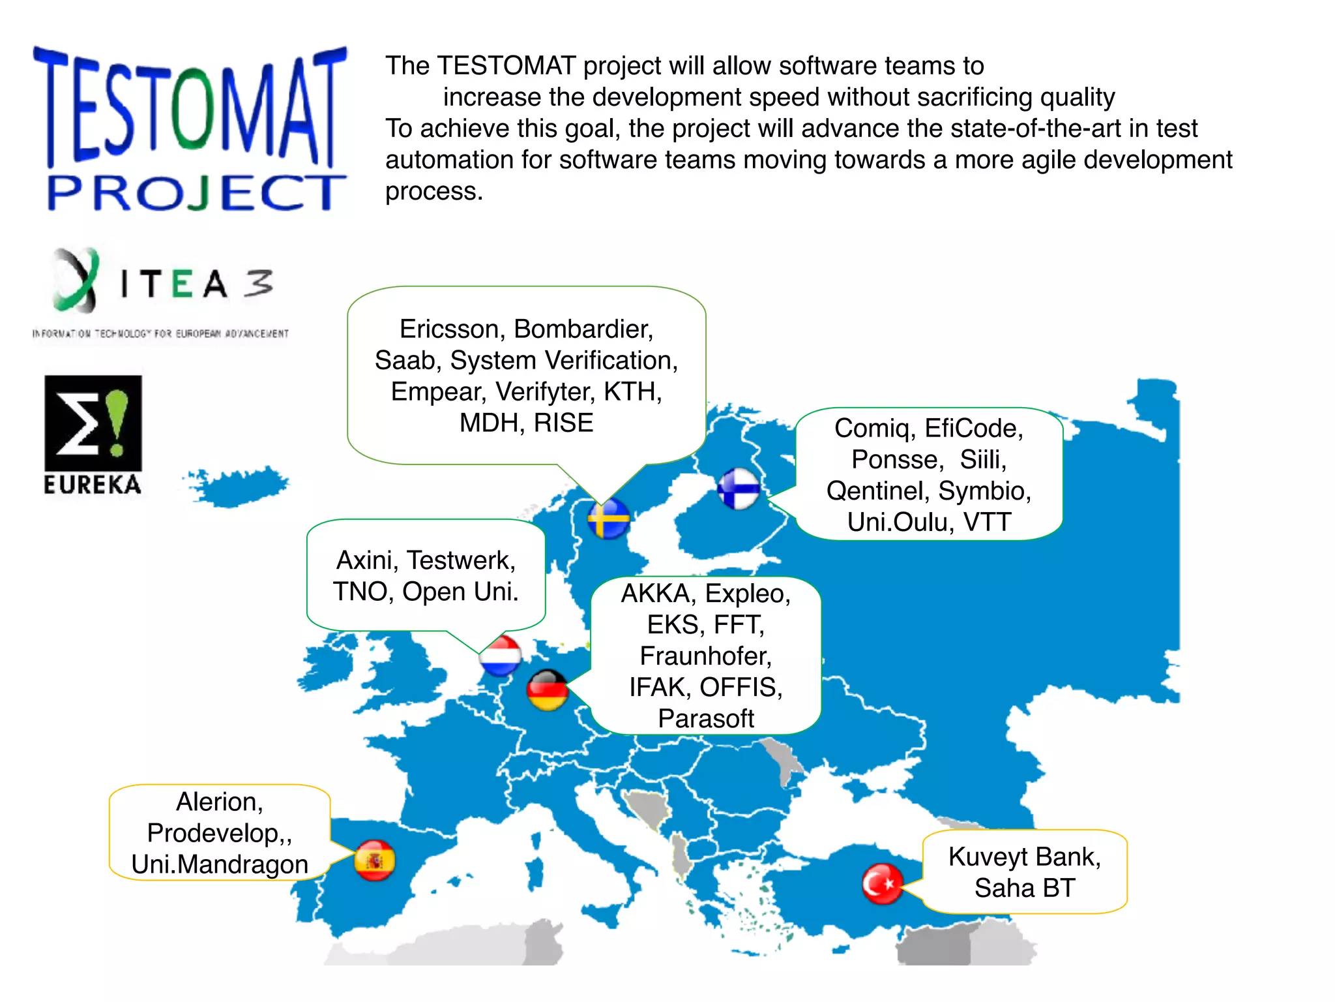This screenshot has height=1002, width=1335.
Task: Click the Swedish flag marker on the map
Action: (x=608, y=519)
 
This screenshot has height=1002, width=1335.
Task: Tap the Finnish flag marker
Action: (x=739, y=489)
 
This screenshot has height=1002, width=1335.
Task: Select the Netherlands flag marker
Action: (x=501, y=656)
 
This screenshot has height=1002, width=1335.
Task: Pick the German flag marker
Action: (x=548, y=690)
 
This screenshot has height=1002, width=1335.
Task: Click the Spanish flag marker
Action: (x=375, y=860)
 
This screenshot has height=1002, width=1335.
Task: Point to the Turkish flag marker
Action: (x=883, y=884)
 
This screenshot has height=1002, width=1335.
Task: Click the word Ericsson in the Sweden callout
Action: (x=449, y=329)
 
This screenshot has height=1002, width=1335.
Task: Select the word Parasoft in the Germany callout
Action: (x=706, y=718)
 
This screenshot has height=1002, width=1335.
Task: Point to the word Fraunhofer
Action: (x=705, y=656)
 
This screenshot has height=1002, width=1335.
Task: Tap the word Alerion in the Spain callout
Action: (x=219, y=802)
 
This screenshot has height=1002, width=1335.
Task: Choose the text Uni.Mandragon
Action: (x=220, y=864)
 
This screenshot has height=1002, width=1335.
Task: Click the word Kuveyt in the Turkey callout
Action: (x=988, y=857)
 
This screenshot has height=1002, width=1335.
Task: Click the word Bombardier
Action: (x=583, y=329)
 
